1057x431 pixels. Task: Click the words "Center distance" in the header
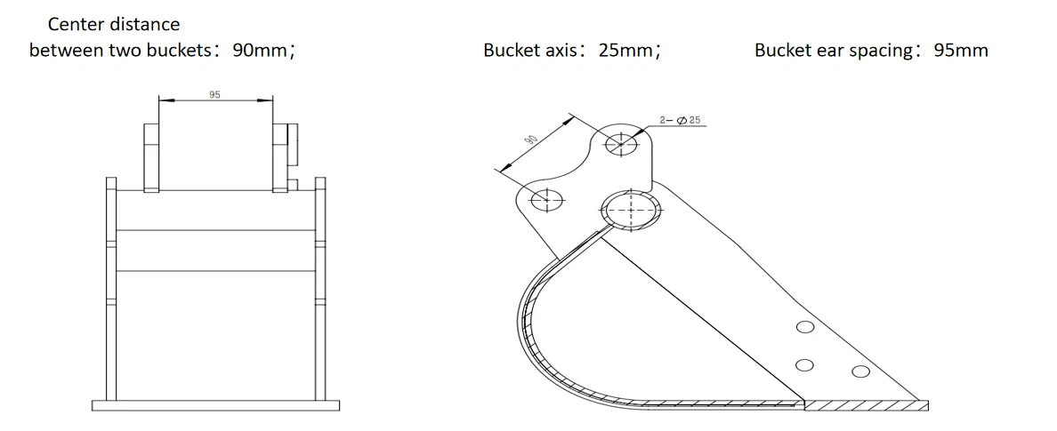[x=113, y=24]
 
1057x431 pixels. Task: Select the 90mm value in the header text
[x=260, y=51]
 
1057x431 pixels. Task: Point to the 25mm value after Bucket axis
[x=625, y=51]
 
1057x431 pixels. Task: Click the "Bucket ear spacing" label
[x=834, y=51]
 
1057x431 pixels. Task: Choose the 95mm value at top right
[x=961, y=51]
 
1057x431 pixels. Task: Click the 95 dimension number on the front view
[x=214, y=93]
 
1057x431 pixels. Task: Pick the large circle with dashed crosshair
[x=631, y=211]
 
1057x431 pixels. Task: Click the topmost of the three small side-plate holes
[x=805, y=328]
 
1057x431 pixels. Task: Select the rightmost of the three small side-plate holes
[x=859, y=371]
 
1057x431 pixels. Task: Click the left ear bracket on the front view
[x=151, y=156]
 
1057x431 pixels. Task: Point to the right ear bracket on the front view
[x=284, y=156]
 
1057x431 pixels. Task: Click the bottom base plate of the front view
[x=216, y=406]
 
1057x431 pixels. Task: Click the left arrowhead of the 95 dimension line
[x=164, y=100]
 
